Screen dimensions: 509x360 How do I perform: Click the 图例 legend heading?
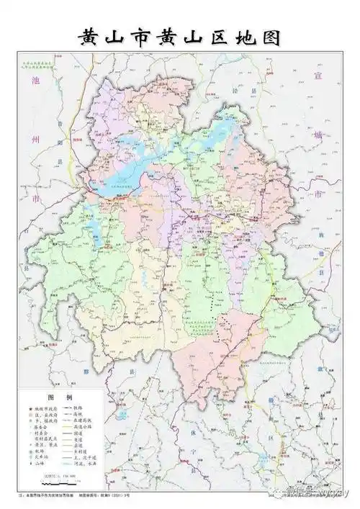[x=60, y=397]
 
